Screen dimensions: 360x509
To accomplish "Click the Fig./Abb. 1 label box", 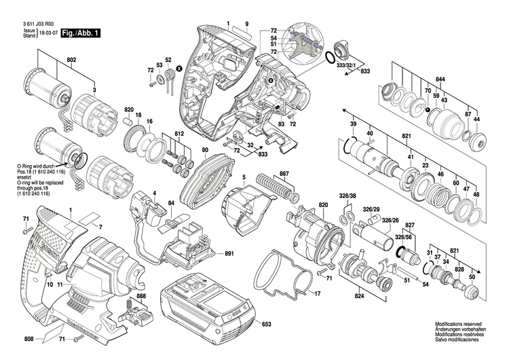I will pyautogui.click(x=79, y=33).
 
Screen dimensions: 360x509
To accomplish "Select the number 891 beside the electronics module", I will pyautogui.click(x=229, y=254).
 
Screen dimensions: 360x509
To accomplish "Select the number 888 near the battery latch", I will pyautogui.click(x=140, y=297).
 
